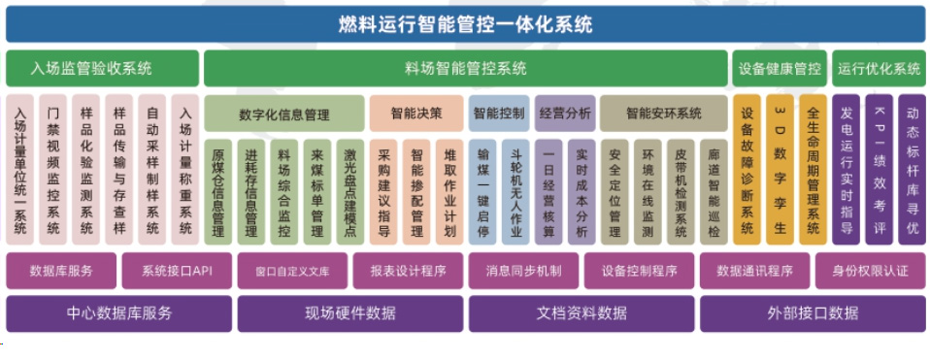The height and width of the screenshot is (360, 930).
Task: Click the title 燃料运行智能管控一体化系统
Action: pyautogui.click(x=464, y=24)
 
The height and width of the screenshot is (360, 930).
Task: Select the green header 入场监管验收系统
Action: pyautogui.click(x=103, y=69)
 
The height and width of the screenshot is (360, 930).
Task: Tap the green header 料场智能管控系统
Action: pyautogui.click(x=465, y=69)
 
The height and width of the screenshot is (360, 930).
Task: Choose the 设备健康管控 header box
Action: pyautogui.click(x=780, y=69)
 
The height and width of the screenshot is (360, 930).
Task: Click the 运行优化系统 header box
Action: pyautogui.click(x=879, y=69)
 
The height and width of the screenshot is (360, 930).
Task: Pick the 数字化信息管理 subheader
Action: pyautogui.click(x=283, y=114)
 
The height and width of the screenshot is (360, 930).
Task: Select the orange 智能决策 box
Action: pyautogui.click(x=415, y=114)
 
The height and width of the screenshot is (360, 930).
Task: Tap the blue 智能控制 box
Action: pyautogui.click(x=498, y=114)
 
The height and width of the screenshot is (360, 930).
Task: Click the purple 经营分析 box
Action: pyautogui.click(x=564, y=114)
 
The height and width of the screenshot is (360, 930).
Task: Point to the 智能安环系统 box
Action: pyautogui.click(x=663, y=114)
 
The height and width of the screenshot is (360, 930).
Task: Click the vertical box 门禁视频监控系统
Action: pyautogui.click(x=54, y=170)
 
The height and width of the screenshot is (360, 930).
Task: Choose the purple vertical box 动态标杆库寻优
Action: pyautogui.click(x=912, y=170)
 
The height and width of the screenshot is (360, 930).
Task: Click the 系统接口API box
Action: pyautogui.click(x=176, y=271)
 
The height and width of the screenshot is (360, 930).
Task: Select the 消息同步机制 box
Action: pyautogui.click(x=524, y=271)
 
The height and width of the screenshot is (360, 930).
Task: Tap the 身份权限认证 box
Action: pyautogui.click(x=870, y=271)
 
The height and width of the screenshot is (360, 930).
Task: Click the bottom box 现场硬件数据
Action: pyautogui.click(x=349, y=313)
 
